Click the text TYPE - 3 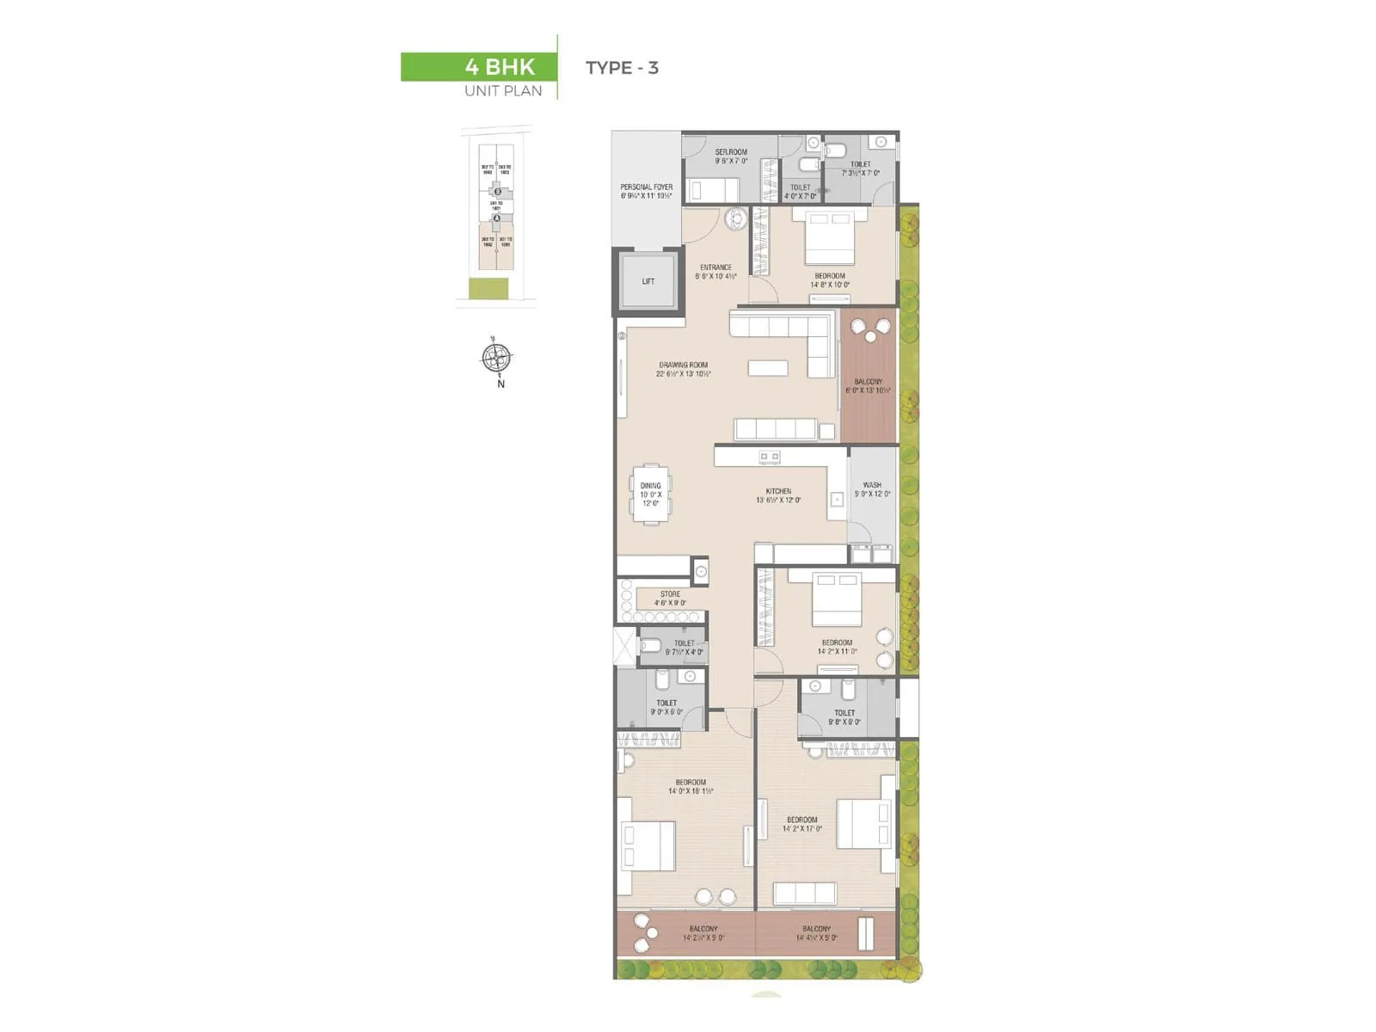(x=622, y=68)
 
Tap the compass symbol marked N (x=496, y=358)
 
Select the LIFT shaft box (x=648, y=281)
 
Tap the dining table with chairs (x=651, y=494)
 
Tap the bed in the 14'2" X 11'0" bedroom (x=837, y=599)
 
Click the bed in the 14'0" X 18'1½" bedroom (x=648, y=846)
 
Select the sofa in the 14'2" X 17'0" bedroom (x=805, y=893)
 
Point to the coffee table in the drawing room (x=768, y=368)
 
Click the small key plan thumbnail (x=496, y=219)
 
